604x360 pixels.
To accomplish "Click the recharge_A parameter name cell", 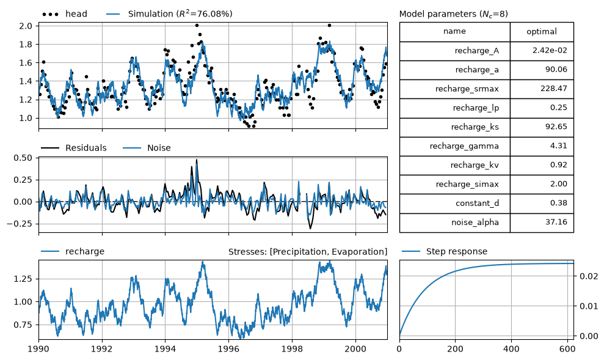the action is pyautogui.click(x=476, y=51).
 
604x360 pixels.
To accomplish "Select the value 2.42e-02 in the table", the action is pyautogui.click(x=550, y=50).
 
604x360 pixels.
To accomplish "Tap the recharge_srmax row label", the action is pyautogui.click(x=467, y=89).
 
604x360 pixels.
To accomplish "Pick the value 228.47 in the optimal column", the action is pyautogui.click(x=553, y=88).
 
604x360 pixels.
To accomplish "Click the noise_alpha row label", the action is pyautogui.click(x=475, y=222).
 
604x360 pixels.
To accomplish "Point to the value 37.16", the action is pyautogui.click(x=556, y=222).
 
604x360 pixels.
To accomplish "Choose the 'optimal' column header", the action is pyautogui.click(x=542, y=32).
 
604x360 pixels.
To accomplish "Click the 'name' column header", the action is pyautogui.click(x=454, y=31).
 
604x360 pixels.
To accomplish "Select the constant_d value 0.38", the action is pyautogui.click(x=559, y=203).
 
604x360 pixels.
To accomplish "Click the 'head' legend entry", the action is pyautogui.click(x=65, y=14).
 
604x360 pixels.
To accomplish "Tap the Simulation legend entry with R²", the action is pyautogui.click(x=169, y=14).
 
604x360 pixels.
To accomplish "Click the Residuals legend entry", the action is pyautogui.click(x=73, y=148).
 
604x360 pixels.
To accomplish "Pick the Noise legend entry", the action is pyautogui.click(x=147, y=148).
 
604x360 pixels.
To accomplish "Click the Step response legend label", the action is pyautogui.click(x=445, y=252).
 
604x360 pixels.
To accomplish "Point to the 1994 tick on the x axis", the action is pyautogui.click(x=166, y=349).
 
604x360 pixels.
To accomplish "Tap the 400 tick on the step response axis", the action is pyautogui.click(x=511, y=349).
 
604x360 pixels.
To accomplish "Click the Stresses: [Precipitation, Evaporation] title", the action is pyautogui.click(x=308, y=252).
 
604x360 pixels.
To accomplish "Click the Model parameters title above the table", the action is pyautogui.click(x=453, y=14).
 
